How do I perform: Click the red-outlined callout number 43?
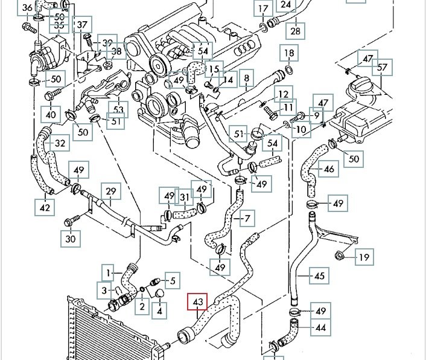coord(199,301)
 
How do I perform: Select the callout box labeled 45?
coord(320,277)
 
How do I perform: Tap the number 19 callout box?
coord(363,258)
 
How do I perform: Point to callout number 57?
coord(383,66)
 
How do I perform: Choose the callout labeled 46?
coord(329,169)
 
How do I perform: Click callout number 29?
coord(110,191)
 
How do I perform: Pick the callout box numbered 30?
coord(71,239)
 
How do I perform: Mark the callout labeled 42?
coord(45,208)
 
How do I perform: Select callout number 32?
coord(60,143)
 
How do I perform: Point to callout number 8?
coord(246,79)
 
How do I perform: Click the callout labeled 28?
coord(295,30)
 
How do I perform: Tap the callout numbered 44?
coord(320,328)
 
